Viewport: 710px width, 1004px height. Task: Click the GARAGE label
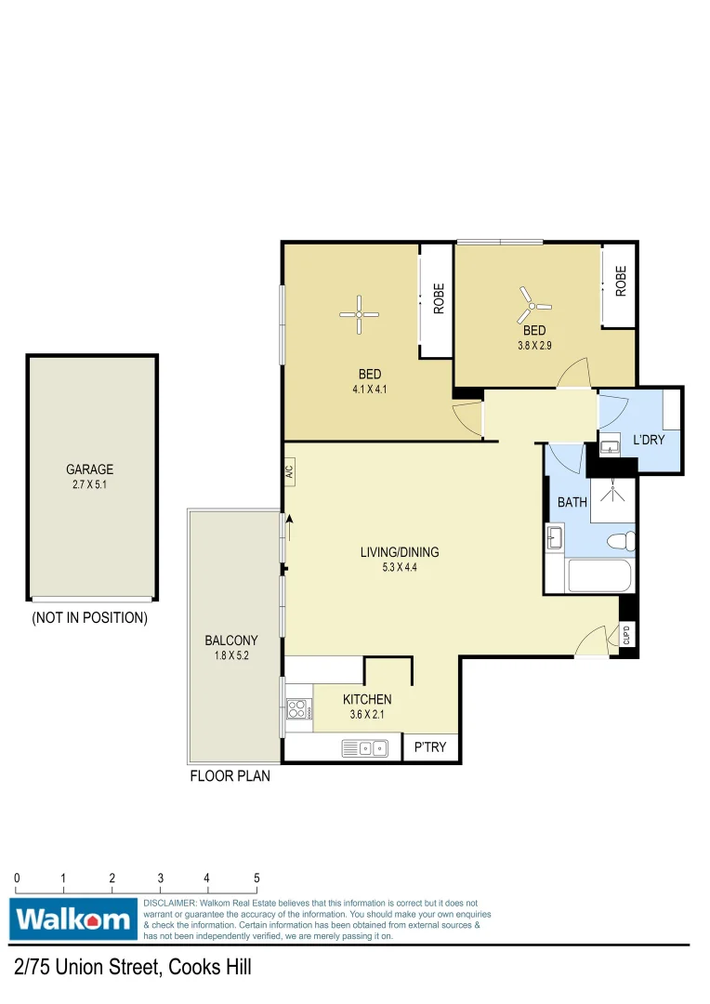tap(89, 469)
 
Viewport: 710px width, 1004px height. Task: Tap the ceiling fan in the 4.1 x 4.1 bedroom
tap(359, 315)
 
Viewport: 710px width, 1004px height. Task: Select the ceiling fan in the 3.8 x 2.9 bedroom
tap(533, 302)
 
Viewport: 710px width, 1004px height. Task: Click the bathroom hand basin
tap(555, 538)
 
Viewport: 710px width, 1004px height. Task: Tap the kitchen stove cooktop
tap(297, 710)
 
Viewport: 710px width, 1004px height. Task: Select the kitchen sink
tap(364, 746)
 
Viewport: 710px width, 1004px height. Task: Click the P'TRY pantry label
tap(430, 746)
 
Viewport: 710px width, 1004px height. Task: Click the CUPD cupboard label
tap(626, 635)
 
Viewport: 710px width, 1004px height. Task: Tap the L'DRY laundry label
tap(649, 440)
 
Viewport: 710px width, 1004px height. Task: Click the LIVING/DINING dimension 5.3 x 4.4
tap(399, 568)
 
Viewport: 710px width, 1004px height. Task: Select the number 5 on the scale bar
tap(256, 878)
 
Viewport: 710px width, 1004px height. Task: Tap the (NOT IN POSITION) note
tap(89, 617)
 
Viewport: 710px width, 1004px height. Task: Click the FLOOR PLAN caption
tap(230, 775)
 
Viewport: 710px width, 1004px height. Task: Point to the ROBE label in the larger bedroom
tap(438, 297)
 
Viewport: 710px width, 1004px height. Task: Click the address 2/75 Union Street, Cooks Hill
tap(132, 968)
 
